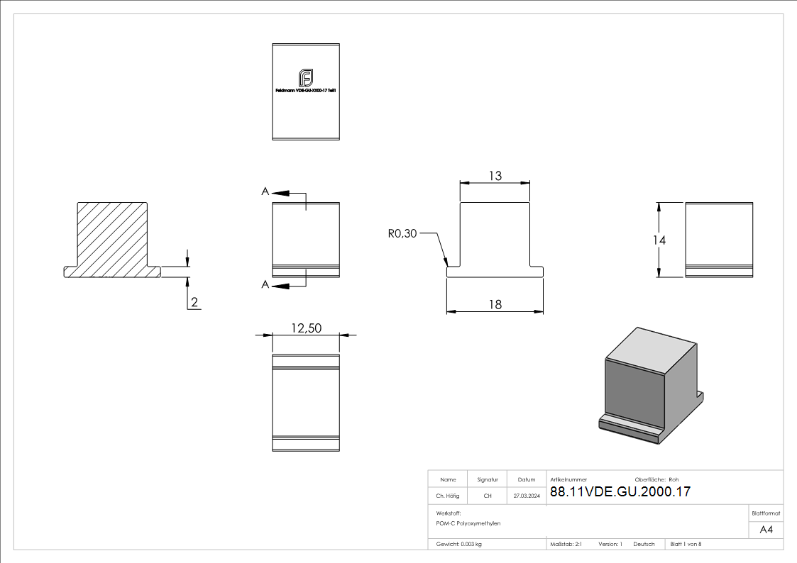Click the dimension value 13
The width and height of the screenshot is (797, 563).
495,176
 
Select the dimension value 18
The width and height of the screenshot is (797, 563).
495,304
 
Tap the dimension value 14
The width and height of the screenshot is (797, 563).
659,240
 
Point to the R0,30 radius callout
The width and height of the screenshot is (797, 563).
402,233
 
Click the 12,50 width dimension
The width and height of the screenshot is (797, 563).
306,328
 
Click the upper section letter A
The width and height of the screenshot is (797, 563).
265,191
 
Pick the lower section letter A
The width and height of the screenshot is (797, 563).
265,284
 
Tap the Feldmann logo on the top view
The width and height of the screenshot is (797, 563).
306,77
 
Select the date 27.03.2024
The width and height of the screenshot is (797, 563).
527,496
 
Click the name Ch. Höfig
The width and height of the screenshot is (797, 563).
448,496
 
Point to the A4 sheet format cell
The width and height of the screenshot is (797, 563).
766,530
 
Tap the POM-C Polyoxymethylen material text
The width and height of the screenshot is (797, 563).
468,523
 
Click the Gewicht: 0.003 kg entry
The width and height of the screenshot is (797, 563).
459,544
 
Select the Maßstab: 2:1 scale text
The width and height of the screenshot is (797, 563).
566,544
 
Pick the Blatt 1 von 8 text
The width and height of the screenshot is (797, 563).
686,544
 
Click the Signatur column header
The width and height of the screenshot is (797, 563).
488,479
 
